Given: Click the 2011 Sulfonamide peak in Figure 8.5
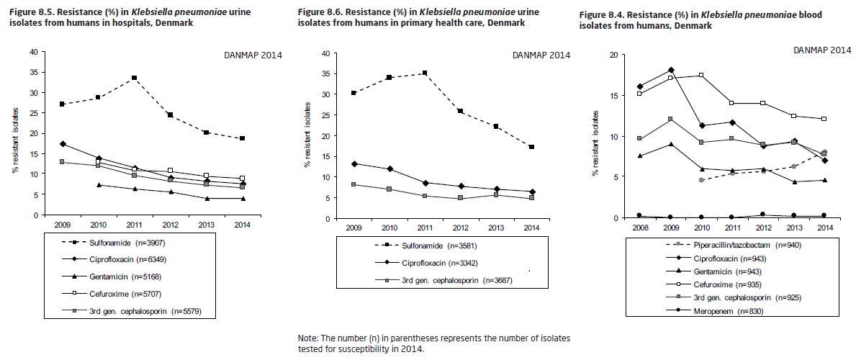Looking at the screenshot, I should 134,78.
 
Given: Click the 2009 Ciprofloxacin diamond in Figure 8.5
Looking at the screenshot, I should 63,145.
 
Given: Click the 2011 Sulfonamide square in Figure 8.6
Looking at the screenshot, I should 425,73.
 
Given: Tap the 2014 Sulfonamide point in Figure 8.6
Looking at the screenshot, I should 531,147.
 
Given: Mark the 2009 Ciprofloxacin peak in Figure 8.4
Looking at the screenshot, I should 671,70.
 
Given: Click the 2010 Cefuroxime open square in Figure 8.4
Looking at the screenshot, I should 701,75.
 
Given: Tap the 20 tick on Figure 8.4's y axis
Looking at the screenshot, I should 614,55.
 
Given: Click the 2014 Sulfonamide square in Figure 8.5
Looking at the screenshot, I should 242,138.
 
